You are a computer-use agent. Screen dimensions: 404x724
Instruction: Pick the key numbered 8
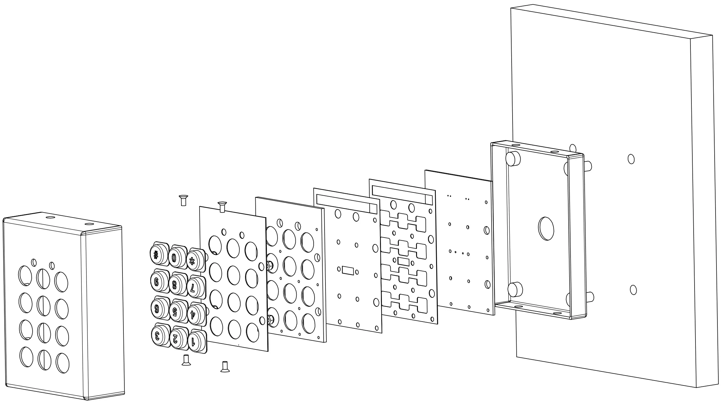[x=175, y=285]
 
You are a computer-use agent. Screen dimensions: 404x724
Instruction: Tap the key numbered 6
[x=157, y=309]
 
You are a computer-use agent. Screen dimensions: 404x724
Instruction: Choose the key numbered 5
[x=175, y=312]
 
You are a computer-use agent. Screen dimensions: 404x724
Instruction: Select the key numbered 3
[x=157, y=336]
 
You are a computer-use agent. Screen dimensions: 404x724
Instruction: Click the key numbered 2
[x=176, y=338]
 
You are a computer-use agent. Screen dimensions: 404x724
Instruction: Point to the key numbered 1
[x=194, y=341]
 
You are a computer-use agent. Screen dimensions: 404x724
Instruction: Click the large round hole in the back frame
[x=546, y=228]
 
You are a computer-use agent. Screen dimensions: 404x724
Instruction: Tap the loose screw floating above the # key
[x=183, y=200]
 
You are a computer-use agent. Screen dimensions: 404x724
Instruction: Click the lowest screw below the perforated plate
[x=225, y=367]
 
